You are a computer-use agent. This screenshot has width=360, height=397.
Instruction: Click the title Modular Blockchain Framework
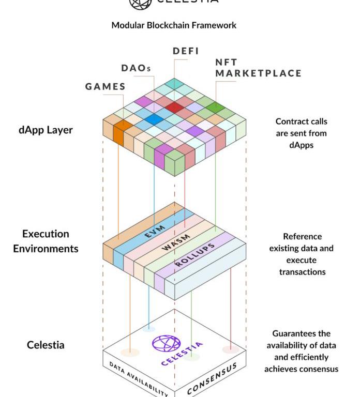174,25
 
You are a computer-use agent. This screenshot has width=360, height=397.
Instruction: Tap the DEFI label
185,51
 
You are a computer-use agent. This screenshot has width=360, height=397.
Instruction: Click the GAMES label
106,86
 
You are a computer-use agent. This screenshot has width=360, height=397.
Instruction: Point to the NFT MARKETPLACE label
258,68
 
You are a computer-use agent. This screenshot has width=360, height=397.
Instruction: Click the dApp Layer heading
46,130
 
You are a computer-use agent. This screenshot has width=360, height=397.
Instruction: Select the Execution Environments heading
46,241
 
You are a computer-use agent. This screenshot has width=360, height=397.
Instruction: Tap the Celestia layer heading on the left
46,344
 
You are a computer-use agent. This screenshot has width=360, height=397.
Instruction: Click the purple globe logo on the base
167,344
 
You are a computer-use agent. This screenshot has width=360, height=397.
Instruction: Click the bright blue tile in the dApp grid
154,119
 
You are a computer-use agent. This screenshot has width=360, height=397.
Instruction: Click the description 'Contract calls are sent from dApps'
302,133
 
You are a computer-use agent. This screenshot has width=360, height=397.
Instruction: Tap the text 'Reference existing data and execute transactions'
302,254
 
